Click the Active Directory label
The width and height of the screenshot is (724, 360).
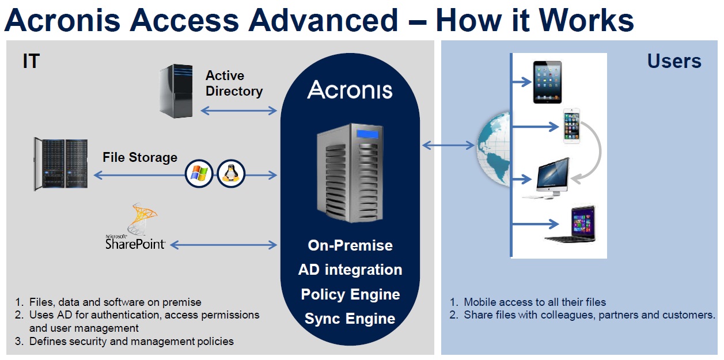[234, 84]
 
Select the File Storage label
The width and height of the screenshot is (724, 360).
[140, 157]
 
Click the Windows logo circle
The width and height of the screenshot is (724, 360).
[199, 173]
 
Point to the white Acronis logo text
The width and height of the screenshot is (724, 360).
[350, 90]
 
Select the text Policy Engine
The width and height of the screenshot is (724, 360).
[350, 294]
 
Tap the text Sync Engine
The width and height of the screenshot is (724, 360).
[350, 319]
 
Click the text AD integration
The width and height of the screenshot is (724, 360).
[350, 270]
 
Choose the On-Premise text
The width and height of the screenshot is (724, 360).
[350, 245]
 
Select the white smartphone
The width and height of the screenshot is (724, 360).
[571, 126]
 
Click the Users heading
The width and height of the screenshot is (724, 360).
[674, 61]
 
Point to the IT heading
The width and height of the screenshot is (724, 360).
[31, 61]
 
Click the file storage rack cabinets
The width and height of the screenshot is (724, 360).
[60, 164]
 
